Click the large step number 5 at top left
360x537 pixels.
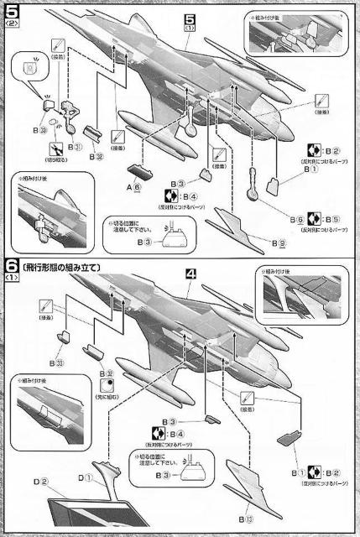(x=11, y=11)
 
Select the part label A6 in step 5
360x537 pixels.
(x=133, y=186)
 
